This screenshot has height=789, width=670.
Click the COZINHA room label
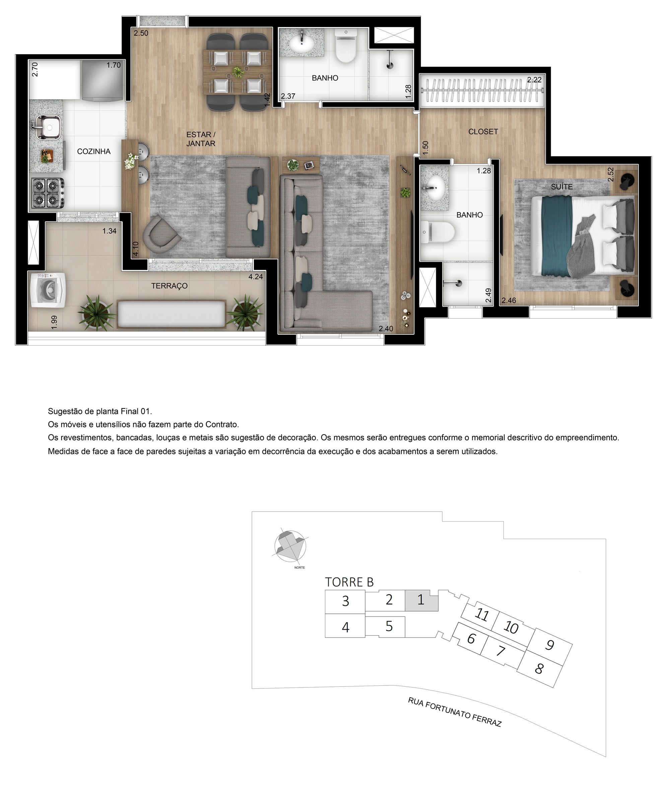click(93, 151)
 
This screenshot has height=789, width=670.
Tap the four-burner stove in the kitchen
click(48, 193)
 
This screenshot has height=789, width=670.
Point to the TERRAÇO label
click(169, 286)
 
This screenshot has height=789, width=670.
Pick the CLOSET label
click(483, 131)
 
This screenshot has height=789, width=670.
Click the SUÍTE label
click(561, 187)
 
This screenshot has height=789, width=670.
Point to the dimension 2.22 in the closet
click(534, 80)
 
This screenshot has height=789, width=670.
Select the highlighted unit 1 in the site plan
click(421, 600)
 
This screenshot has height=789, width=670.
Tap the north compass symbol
click(290, 546)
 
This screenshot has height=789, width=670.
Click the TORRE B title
click(349, 582)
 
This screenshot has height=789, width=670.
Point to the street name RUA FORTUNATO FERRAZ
click(454, 712)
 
